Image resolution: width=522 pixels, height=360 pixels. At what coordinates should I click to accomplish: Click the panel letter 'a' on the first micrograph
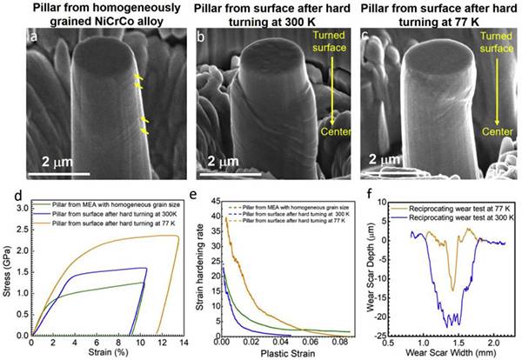coord(33,40)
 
